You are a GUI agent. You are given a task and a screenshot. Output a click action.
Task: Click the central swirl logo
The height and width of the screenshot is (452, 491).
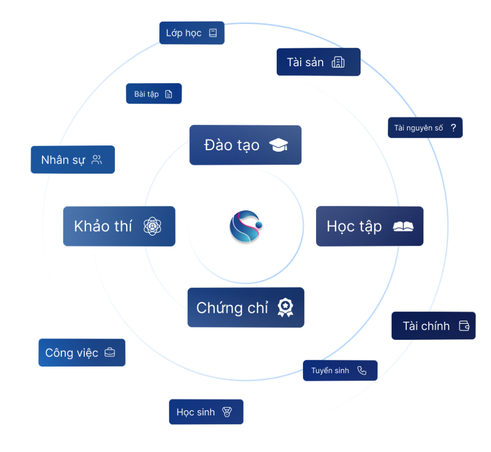click(x=245, y=226)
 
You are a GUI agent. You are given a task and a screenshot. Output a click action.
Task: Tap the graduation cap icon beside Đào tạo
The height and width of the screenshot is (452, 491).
click(x=279, y=145)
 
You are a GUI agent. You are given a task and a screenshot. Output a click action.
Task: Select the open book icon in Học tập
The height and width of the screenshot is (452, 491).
click(x=403, y=226)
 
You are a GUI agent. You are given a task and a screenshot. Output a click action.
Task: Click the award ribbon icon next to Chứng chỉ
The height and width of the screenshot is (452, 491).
click(x=285, y=308)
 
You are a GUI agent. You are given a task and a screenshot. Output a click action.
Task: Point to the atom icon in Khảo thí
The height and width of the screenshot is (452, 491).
click(x=152, y=226)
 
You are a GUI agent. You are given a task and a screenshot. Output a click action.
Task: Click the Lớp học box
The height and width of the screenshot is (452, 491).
click(x=192, y=33)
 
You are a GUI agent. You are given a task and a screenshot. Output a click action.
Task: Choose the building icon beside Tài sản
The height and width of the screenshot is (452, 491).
click(x=338, y=62)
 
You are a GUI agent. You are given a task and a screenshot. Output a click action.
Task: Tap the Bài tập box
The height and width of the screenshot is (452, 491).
click(x=154, y=94)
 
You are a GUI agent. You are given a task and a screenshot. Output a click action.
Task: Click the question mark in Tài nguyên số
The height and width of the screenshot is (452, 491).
click(x=453, y=128)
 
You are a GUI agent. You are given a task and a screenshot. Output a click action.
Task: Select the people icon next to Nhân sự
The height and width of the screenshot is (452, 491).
click(x=97, y=160)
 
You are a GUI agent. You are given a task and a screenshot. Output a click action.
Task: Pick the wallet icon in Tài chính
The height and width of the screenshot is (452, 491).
click(x=464, y=326)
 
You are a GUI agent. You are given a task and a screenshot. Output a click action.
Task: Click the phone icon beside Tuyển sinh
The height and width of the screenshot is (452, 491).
click(x=362, y=370)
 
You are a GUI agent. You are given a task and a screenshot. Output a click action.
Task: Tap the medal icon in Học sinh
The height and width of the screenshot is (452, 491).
click(x=227, y=412)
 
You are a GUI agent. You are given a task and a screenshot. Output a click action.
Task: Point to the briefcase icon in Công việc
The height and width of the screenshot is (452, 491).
click(x=110, y=353)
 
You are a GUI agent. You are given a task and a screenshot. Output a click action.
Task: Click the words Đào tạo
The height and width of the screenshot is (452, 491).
click(x=232, y=145)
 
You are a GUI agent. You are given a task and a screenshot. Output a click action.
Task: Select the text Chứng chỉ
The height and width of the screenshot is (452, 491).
click(x=232, y=308)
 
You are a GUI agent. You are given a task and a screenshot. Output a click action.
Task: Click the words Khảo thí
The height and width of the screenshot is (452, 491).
click(x=103, y=226)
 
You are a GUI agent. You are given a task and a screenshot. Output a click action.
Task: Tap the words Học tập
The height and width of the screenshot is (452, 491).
click(x=354, y=226)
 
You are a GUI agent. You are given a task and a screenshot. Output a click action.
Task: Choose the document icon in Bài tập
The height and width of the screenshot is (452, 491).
click(x=168, y=94)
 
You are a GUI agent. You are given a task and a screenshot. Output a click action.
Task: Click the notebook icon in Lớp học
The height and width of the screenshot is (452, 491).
click(x=213, y=33)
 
